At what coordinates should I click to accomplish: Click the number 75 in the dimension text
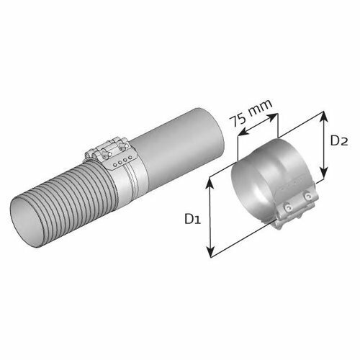[x=237, y=120]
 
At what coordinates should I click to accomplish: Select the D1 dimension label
[x=192, y=219]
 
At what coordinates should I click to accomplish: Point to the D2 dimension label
[x=339, y=140]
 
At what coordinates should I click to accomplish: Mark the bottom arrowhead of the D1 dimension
[x=210, y=251]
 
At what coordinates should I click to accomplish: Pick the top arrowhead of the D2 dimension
[x=324, y=117]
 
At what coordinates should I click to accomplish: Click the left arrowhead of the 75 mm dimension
[x=244, y=132]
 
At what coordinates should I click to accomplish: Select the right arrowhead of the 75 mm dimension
[x=271, y=117]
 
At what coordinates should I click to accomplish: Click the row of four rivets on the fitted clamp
[x=122, y=161]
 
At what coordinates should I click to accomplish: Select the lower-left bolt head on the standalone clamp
[x=287, y=207]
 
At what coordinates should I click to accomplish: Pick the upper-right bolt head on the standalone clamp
[x=307, y=196]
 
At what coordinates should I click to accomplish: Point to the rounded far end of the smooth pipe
[x=217, y=135]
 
